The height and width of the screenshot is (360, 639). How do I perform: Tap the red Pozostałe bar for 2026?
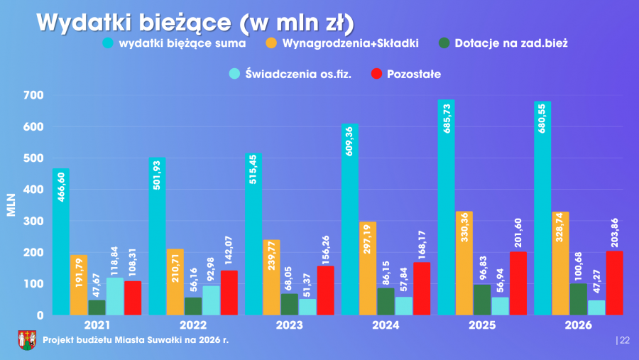(614, 283)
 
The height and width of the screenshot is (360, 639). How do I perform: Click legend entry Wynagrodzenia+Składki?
(350, 43)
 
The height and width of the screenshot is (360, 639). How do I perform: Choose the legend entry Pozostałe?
(414, 74)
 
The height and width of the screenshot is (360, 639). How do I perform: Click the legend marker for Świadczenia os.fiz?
(234, 74)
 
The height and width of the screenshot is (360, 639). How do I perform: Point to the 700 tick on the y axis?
(33, 95)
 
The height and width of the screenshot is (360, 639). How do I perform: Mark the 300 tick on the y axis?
(33, 221)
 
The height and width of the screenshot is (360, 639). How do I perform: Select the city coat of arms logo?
(27, 340)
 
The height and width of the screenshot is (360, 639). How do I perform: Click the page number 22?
(625, 341)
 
